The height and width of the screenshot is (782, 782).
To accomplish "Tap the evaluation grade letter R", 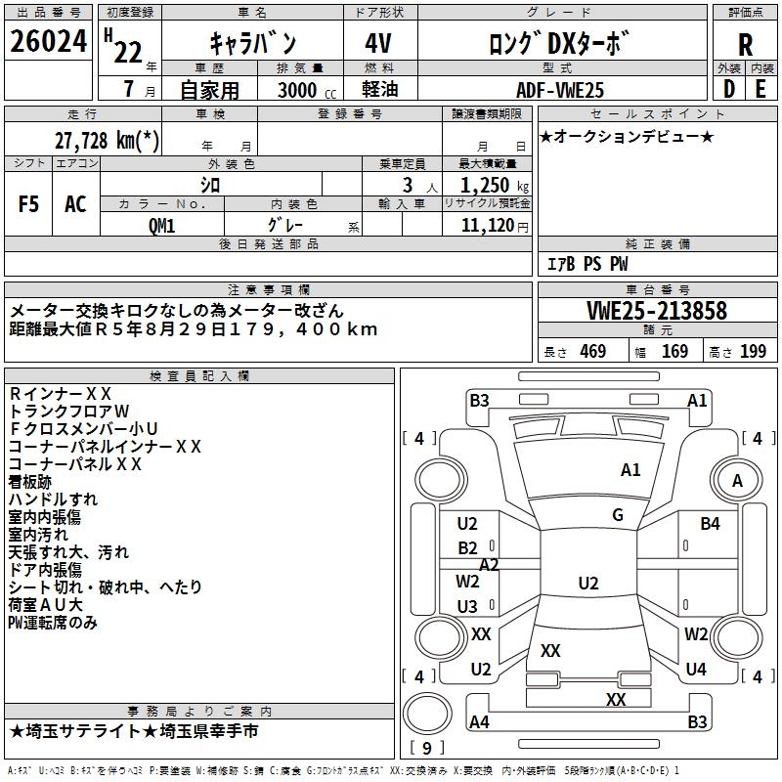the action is (x=745, y=45).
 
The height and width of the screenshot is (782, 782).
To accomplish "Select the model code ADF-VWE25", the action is (x=560, y=90).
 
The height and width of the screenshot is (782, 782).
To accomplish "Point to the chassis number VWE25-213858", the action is (x=657, y=311).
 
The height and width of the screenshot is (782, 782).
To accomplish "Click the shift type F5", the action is (x=29, y=204).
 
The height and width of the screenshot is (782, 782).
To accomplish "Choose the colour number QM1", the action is (x=161, y=226).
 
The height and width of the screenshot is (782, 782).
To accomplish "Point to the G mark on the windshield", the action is (x=618, y=515).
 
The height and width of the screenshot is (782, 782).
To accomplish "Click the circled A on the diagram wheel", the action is (x=738, y=480).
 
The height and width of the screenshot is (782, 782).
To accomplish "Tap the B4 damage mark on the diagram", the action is (x=710, y=524).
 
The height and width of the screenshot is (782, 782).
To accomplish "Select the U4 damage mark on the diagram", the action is (x=696, y=670).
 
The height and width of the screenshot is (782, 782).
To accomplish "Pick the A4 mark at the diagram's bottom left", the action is (x=479, y=722).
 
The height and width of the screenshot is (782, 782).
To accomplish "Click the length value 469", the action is (x=592, y=352).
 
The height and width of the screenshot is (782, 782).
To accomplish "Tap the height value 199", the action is (x=753, y=352).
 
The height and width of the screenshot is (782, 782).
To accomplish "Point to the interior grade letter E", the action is (x=760, y=88).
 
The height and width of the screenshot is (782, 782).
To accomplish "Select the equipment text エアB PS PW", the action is (x=586, y=265).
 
